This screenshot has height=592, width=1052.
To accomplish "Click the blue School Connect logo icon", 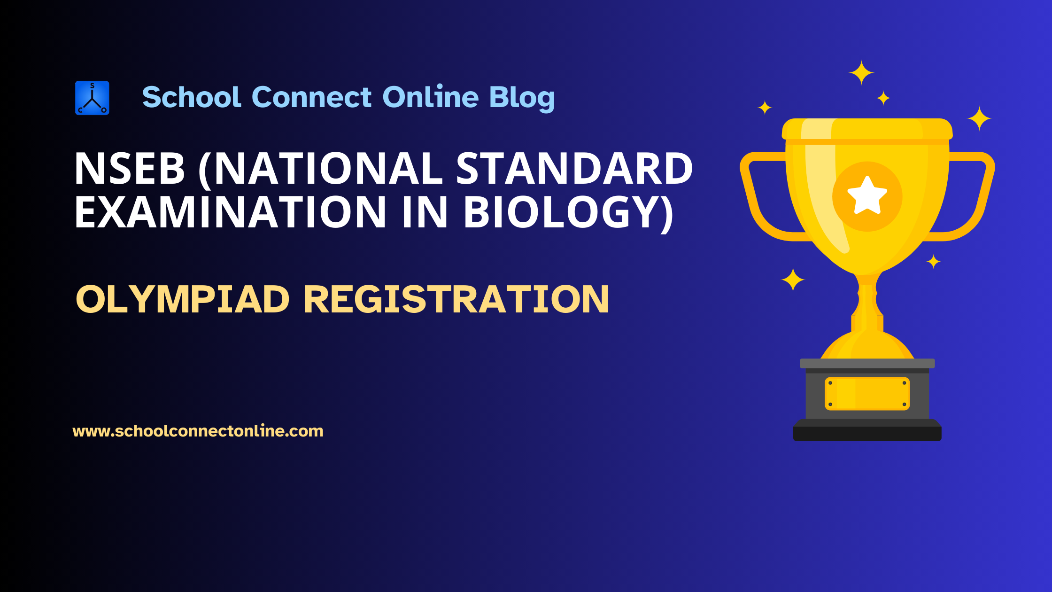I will pos(92,98).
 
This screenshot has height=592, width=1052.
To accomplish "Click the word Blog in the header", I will pos(522,98).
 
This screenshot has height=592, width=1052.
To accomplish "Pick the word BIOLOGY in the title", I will pos(566,212).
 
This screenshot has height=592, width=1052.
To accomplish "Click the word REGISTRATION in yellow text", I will pos(456,299).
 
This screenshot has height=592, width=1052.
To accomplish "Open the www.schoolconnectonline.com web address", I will pos(198,431).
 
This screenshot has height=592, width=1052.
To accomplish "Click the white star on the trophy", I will pos(867,196).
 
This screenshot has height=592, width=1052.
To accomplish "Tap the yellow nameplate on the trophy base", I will pos(867,394).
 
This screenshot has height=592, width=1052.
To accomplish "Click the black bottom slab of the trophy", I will pos(867,433).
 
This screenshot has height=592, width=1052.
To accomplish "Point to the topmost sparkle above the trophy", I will pos(861,73).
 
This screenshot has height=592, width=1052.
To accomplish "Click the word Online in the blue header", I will pos(430,97).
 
